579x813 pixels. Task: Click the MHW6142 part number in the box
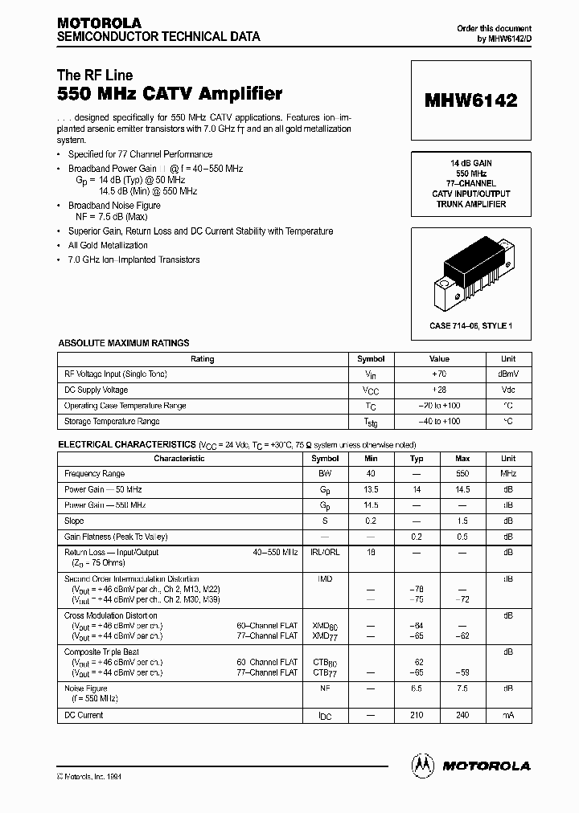[x=470, y=100]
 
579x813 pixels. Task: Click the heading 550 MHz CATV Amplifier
[x=170, y=94]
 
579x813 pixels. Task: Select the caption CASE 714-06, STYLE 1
[x=470, y=325]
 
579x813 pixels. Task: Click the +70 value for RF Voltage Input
[x=439, y=374]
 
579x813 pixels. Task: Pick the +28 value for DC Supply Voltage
[x=439, y=390]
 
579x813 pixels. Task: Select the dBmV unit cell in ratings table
[x=508, y=374]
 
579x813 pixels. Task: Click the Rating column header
[x=202, y=359]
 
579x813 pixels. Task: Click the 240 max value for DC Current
[x=462, y=715]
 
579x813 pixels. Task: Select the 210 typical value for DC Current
[x=417, y=715]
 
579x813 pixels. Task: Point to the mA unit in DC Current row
[x=508, y=715]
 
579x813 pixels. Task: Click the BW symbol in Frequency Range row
[x=325, y=474]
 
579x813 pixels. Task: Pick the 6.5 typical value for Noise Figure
[x=417, y=688]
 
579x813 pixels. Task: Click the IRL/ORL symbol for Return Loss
[x=325, y=553]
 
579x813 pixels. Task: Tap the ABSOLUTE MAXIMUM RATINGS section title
[x=124, y=343]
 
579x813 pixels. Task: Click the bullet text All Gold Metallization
[x=108, y=246]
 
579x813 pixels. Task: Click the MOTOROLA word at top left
[x=99, y=23]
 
